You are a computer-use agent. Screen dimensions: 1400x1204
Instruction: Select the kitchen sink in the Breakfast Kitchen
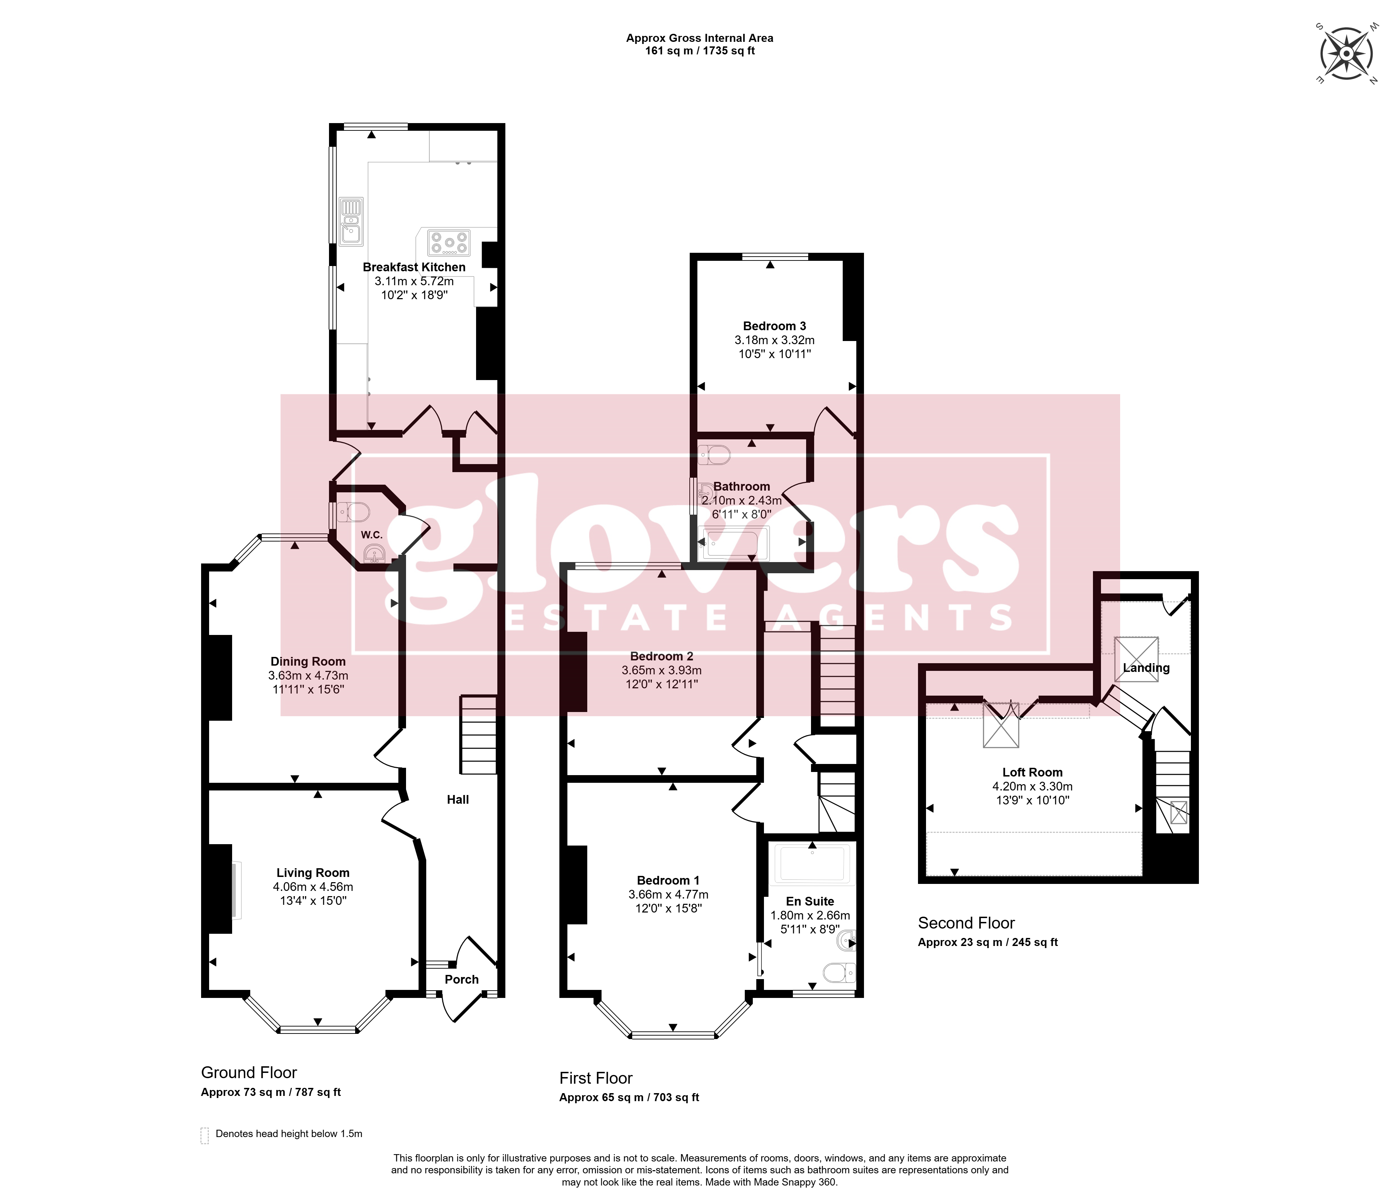[351, 221]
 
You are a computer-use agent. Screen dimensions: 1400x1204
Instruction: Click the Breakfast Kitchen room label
[414, 267]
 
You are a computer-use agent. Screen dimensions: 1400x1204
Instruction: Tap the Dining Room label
[308, 661]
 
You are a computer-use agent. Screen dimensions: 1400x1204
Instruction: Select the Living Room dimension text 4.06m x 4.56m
[313, 886]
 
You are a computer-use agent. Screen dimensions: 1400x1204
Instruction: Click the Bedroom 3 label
[774, 326]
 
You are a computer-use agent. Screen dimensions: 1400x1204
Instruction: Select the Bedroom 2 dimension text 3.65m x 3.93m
[661, 670]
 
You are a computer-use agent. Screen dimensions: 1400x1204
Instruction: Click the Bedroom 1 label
[668, 880]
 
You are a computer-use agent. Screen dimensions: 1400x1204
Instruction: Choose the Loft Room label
[1032, 772]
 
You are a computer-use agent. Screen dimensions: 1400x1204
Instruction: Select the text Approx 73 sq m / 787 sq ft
[271, 1092]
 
